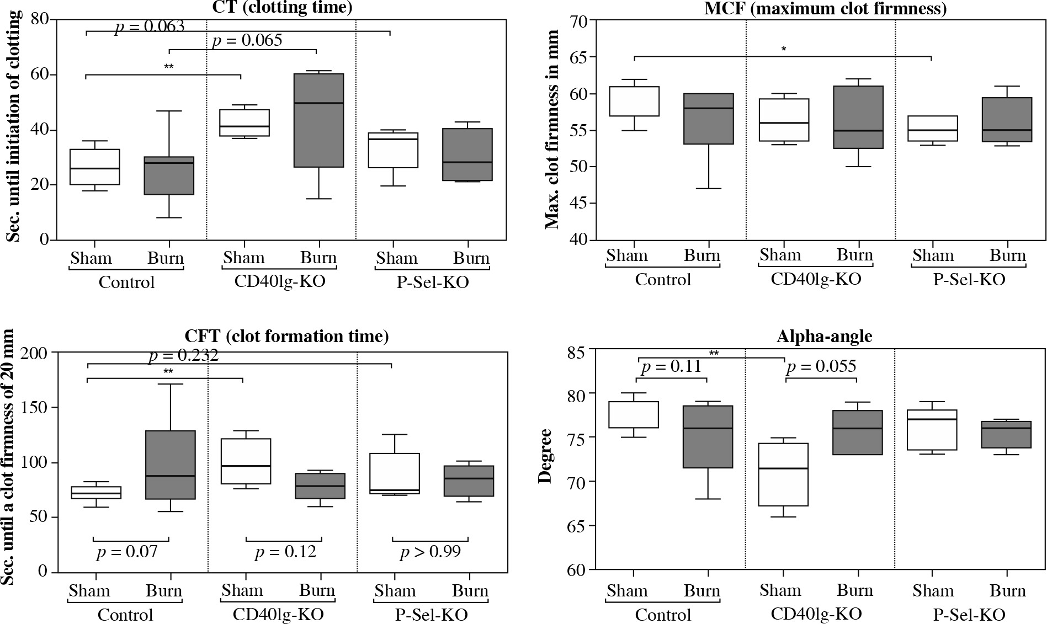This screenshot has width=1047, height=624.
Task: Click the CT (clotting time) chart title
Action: (281, 7)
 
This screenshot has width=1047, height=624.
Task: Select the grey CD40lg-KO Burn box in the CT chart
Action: (318, 120)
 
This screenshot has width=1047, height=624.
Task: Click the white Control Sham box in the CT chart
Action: (94, 167)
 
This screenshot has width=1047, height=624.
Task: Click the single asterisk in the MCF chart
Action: (784, 49)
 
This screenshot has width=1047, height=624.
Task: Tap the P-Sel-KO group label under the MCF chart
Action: (969, 279)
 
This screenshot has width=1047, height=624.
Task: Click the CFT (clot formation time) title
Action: (286, 336)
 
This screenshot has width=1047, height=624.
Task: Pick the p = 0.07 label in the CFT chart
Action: (127, 552)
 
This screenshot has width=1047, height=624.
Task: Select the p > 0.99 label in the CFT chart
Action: (430, 551)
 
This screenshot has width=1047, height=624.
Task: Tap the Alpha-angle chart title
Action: (824, 336)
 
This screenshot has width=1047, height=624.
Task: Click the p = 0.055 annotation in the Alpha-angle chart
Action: (821, 366)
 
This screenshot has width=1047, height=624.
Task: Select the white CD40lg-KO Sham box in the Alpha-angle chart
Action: (783, 474)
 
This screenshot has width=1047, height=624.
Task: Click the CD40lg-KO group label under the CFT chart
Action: (278, 614)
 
